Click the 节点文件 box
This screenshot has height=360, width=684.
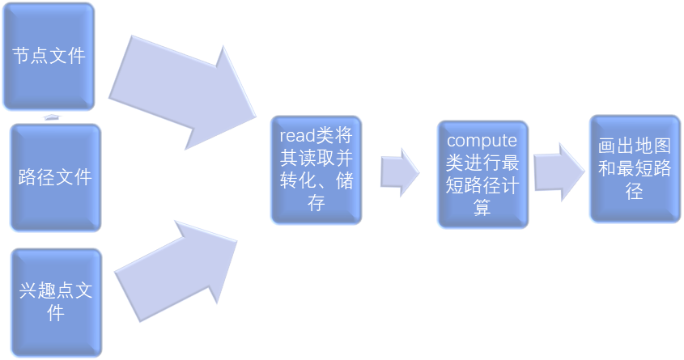tap(48, 56)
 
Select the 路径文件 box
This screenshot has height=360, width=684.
tap(55, 177)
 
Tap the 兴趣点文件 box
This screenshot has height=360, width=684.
tap(55, 301)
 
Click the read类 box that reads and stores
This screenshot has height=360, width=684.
tap(316, 169)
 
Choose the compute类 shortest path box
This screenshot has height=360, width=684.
tap(482, 174)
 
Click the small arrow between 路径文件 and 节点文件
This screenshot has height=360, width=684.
tap(52, 117)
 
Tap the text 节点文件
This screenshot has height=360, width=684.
tap(48, 56)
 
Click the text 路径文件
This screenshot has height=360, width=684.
tap(55, 177)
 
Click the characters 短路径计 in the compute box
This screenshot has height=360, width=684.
tap(482, 185)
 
